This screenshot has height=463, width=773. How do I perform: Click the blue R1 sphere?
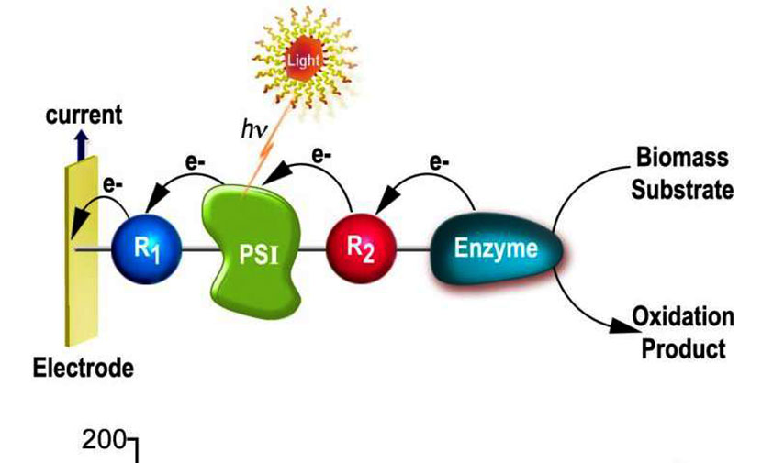coord(147,248)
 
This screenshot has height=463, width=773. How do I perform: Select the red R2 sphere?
coord(362,248)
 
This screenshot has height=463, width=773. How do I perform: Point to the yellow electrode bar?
coord(82,251)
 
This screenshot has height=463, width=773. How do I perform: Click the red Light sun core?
coord(303,61)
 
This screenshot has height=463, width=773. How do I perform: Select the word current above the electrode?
coord(84,116)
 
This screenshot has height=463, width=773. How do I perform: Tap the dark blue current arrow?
coord(83,145)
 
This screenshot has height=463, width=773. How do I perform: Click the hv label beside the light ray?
coord(254,130)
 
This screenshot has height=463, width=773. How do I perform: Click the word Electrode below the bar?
coord(84,368)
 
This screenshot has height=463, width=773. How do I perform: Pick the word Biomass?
coord(682,158)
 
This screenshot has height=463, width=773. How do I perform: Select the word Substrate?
coord(682,190)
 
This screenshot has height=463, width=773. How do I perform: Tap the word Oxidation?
coord(683,316)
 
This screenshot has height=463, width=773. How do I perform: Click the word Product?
coord(683,348)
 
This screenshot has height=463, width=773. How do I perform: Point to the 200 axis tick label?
coord(104,440)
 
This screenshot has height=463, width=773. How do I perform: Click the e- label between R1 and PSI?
coord(196,162)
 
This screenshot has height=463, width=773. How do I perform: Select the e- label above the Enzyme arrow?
coord(439,162)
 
